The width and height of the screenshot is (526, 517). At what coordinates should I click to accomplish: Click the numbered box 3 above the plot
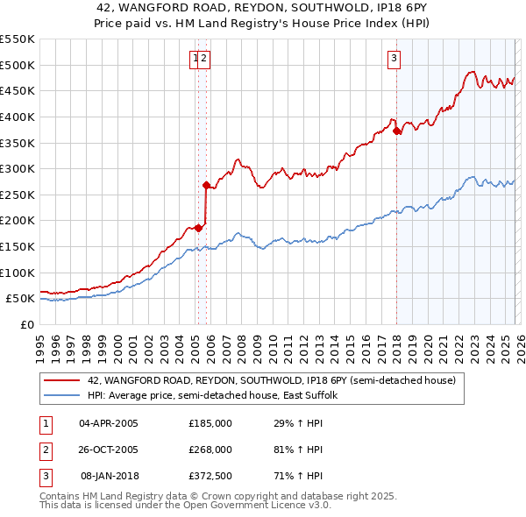(x=394, y=59)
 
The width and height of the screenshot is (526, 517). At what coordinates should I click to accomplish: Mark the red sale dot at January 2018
(x=397, y=131)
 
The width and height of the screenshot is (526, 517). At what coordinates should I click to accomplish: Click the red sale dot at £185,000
(x=198, y=228)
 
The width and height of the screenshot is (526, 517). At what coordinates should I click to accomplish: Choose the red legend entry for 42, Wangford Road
(x=271, y=381)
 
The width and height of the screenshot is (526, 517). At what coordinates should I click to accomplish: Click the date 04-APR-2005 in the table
(x=109, y=423)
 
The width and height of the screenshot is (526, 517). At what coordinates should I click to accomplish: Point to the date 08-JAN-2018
(x=109, y=476)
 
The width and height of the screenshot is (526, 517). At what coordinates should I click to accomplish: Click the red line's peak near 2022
(x=472, y=72)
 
